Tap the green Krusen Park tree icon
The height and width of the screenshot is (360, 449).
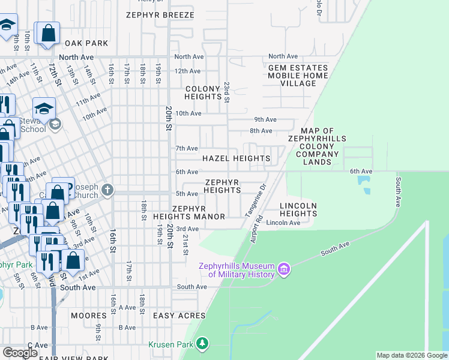point(203,344)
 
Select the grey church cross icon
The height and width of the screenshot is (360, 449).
point(107,191)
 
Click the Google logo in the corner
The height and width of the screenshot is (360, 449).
point(20,353)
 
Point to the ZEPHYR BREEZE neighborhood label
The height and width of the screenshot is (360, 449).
point(160,15)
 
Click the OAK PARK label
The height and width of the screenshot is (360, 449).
point(86,43)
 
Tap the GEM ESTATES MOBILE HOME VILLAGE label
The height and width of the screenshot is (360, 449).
point(298,76)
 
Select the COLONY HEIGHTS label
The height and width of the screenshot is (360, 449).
point(203,92)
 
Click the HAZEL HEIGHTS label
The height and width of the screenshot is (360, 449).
point(236,158)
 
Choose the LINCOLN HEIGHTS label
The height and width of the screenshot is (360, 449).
point(298,209)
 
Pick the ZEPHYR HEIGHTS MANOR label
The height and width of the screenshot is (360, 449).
point(189,212)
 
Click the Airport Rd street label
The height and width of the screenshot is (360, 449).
point(255,229)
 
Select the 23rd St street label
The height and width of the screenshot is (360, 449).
point(227,92)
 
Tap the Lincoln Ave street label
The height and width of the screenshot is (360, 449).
point(283,223)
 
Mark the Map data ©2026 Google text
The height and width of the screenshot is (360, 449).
point(412,355)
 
